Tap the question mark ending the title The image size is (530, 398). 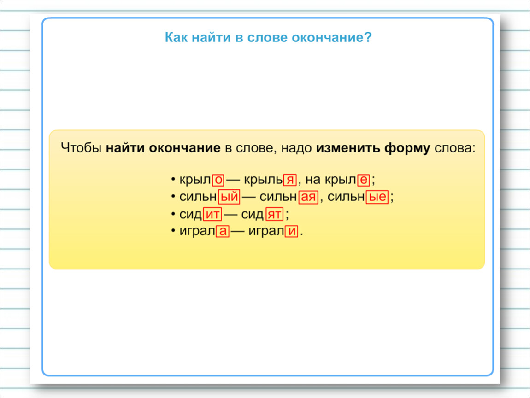click(x=368, y=37)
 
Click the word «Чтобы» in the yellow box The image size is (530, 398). click(x=81, y=148)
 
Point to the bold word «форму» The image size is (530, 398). click(x=407, y=148)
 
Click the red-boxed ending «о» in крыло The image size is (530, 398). click(x=218, y=180)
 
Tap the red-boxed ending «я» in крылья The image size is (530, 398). click(x=290, y=180)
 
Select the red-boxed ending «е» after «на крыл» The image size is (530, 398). click(x=363, y=180)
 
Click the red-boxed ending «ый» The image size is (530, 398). click(x=229, y=197)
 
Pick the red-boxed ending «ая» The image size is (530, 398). click(x=308, y=197)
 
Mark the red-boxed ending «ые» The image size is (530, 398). click(x=377, y=197)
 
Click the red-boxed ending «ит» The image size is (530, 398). click(x=212, y=214)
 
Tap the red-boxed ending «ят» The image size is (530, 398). click(x=275, y=214)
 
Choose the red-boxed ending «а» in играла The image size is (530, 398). click(x=223, y=231)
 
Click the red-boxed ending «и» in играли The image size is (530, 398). click(x=291, y=231)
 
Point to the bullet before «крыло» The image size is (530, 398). click(x=173, y=179)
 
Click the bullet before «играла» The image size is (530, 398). click(x=173, y=231)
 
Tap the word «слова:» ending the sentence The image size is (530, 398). click(x=455, y=148)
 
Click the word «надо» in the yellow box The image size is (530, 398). click(x=296, y=148)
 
